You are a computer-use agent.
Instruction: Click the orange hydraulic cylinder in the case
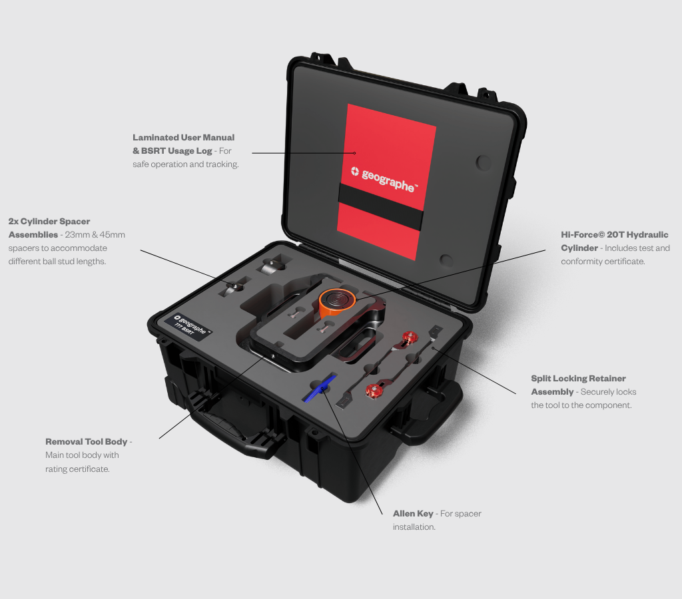point(337,303)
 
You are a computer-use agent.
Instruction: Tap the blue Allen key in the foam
point(320,388)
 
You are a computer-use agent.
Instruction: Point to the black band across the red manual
point(380,206)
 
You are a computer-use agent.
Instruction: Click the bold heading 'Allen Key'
point(413,513)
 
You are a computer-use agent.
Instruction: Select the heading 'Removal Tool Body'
point(86,442)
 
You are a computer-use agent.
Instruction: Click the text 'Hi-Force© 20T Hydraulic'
point(615,235)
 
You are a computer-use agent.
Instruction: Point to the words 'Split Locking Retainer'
point(579,379)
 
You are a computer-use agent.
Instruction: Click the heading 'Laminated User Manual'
point(184,137)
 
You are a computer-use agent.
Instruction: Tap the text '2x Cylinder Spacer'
point(49,221)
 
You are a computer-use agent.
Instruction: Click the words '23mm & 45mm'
point(95,235)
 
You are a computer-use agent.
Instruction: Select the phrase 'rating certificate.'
point(77,469)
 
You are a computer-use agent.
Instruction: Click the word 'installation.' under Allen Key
point(414,527)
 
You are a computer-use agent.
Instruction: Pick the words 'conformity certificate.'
point(603,262)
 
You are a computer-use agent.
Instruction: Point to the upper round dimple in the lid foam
point(484,162)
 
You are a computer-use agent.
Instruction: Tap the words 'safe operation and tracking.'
point(186,164)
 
